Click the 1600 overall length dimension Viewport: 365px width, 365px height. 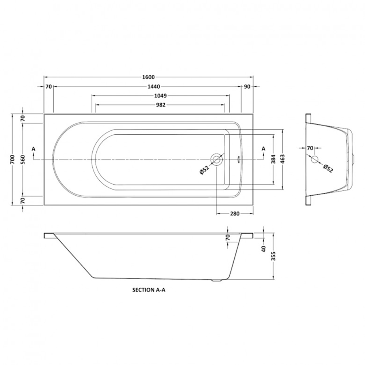coord(149,77)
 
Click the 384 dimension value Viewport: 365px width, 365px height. coord(274,160)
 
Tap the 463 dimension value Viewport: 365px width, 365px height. coord(283,160)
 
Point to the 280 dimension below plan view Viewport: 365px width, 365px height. coord(235,214)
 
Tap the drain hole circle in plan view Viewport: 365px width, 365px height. coord(217,160)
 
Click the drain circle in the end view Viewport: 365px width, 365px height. coord(315,159)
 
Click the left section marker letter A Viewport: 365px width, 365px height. coord(34,149)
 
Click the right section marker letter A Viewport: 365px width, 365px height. coord(263,148)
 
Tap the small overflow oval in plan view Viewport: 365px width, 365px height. coord(238,159)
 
